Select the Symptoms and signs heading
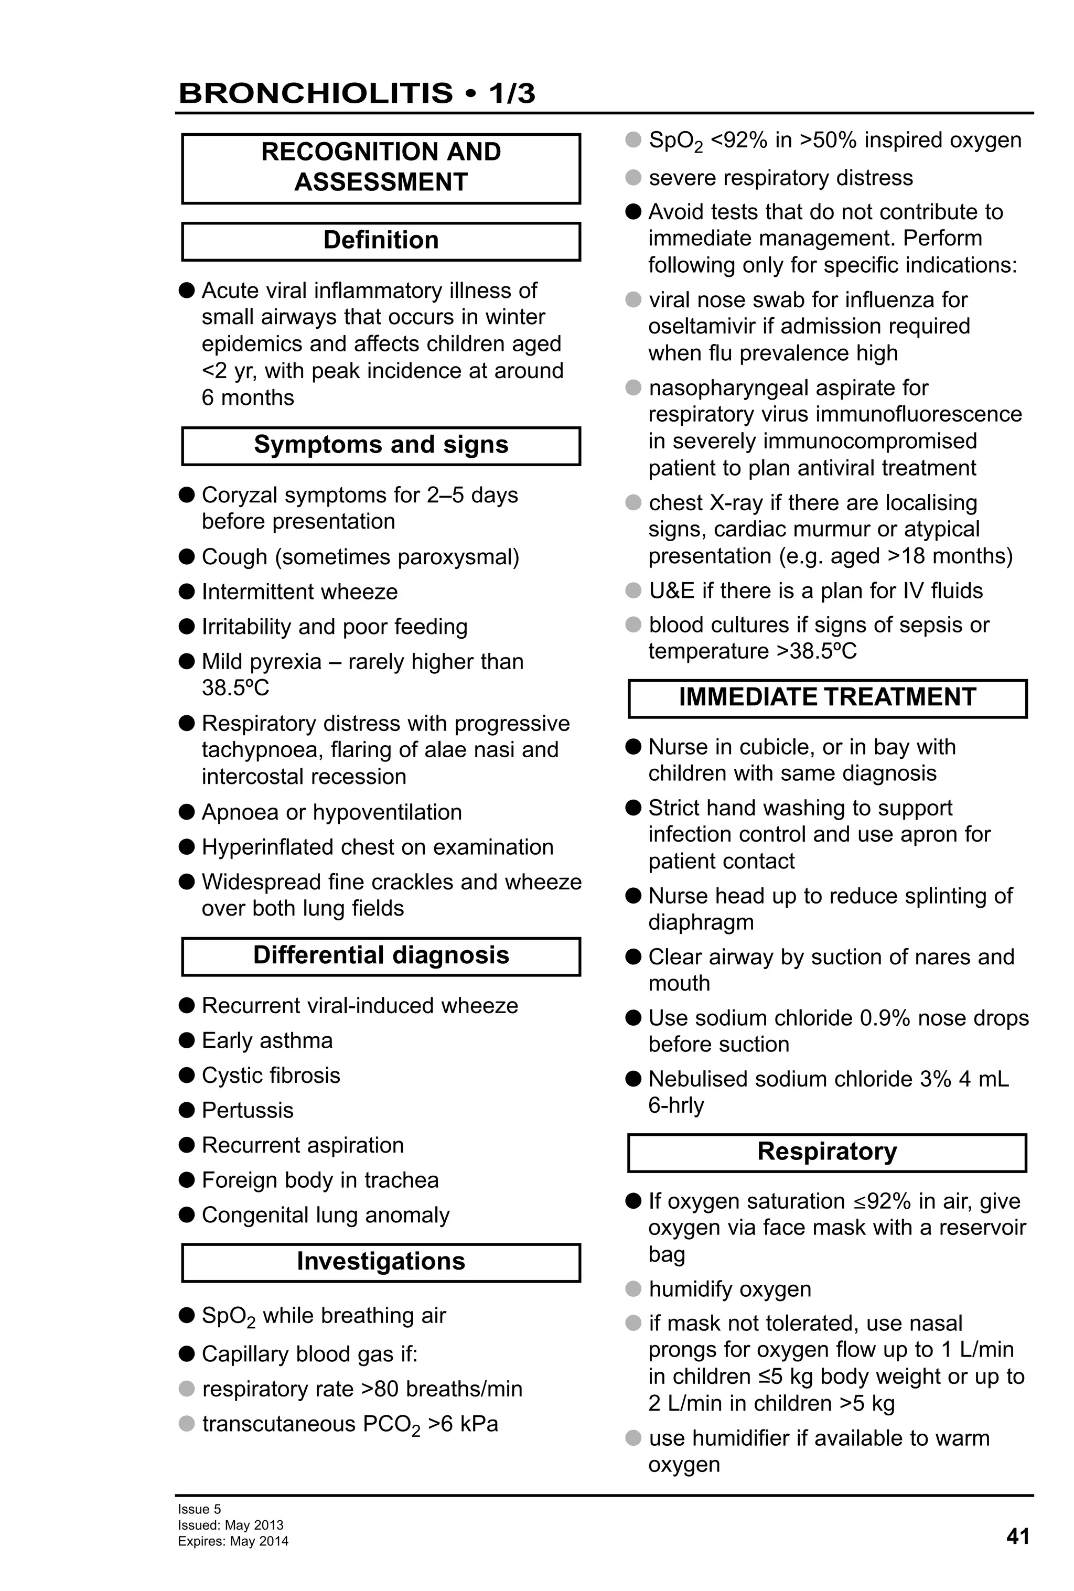pos(381,445)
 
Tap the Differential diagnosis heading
pos(381,955)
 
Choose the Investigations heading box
pos(381,1262)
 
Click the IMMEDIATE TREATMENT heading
pos(827,697)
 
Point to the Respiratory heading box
pos(827,1152)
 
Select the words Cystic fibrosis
pos(271,1075)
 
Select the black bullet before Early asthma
pos(187,1040)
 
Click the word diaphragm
pos(701,922)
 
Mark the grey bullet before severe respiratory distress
pos(633,177)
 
